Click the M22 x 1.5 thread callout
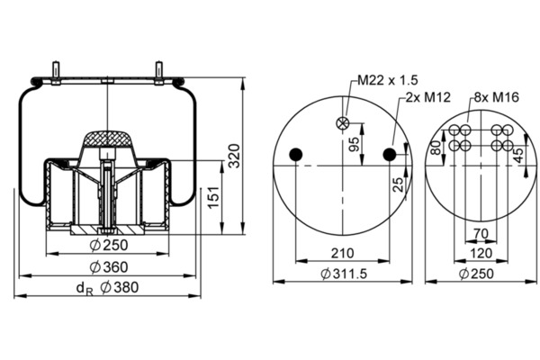pos(387,80)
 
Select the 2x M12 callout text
pos(427,97)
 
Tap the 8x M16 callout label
pos(496,97)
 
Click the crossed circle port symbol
pos(343,123)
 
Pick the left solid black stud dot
pos(295,155)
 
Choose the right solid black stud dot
pos(390,155)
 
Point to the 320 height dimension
pos(235,156)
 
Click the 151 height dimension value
pos(214,197)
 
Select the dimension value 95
pos(354,144)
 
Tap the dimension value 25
pos(398,184)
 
